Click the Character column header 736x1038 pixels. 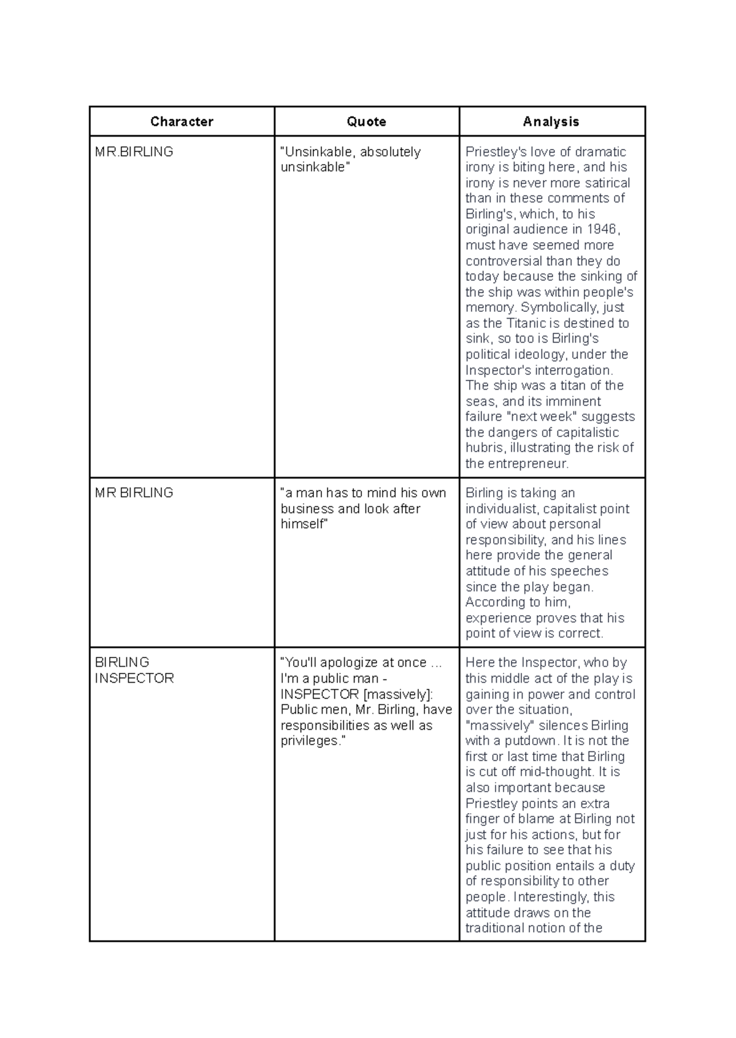pyautogui.click(x=182, y=121)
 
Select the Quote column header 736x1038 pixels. pyautogui.click(x=366, y=121)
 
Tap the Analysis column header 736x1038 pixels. pyautogui.click(x=551, y=121)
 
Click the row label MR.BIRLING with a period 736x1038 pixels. pyautogui.click(x=134, y=151)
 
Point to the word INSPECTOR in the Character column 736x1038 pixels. pyautogui.click(x=134, y=678)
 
